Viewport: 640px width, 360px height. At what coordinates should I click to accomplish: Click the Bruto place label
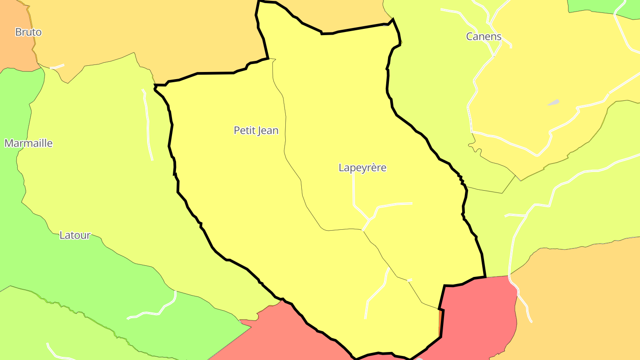coord(28,32)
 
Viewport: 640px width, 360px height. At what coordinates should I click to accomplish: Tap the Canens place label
coord(484,36)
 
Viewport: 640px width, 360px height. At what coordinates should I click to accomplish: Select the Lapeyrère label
coord(362,168)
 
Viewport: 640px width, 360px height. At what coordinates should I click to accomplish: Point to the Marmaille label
coord(28,143)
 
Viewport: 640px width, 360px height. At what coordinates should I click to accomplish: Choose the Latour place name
coord(75,235)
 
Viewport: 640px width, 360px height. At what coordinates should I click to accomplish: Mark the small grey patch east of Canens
coord(553,102)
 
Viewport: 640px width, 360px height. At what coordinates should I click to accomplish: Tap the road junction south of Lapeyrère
coord(368,220)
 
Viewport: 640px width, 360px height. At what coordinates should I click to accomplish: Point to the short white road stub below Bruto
coord(57,67)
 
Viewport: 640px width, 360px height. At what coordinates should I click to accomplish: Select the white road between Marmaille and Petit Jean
coord(148,124)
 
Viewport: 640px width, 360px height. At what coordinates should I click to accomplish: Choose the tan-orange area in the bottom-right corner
coord(578,302)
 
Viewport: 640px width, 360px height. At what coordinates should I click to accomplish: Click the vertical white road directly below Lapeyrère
coord(354,191)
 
